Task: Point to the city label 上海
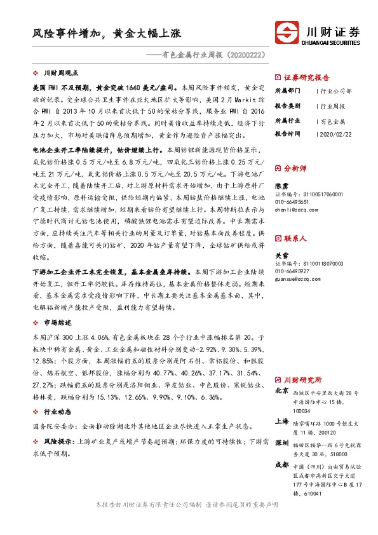click(281, 421)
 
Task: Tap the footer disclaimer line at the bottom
click(189, 521)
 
